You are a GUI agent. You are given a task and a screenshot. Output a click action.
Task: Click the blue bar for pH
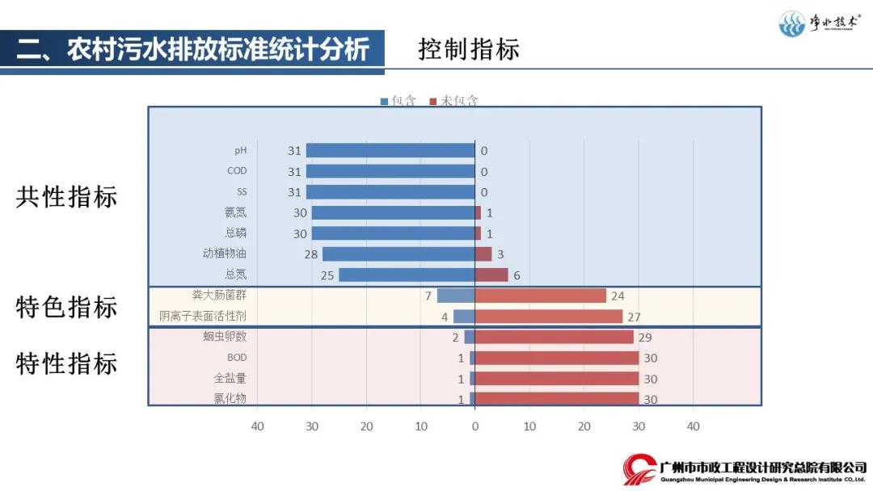click(x=390, y=150)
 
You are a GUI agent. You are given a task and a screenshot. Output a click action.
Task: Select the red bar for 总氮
click(x=491, y=275)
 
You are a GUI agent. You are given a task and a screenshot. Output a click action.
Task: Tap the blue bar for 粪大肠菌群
click(x=456, y=296)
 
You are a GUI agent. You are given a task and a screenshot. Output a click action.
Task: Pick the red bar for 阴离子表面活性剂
click(x=549, y=316)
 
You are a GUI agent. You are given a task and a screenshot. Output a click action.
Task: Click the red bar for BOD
click(x=557, y=358)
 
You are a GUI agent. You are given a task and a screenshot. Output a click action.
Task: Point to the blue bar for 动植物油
click(x=399, y=254)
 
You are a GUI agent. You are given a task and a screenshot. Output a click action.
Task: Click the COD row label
click(x=237, y=171)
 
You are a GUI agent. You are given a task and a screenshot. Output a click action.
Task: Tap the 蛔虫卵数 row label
click(x=226, y=337)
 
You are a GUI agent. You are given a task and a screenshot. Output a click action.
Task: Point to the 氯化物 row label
click(x=230, y=399)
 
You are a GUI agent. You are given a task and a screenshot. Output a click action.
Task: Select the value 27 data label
click(x=634, y=317)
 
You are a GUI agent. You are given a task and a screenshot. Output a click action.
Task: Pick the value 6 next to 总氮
click(x=517, y=275)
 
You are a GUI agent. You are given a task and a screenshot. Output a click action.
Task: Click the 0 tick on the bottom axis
click(x=474, y=426)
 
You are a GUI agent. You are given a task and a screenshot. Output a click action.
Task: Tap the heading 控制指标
click(x=468, y=49)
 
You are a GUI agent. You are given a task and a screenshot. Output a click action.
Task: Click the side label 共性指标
click(x=66, y=197)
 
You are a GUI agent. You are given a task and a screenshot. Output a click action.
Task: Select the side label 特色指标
click(x=66, y=307)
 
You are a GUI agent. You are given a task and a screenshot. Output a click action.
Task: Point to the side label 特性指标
click(x=66, y=363)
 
